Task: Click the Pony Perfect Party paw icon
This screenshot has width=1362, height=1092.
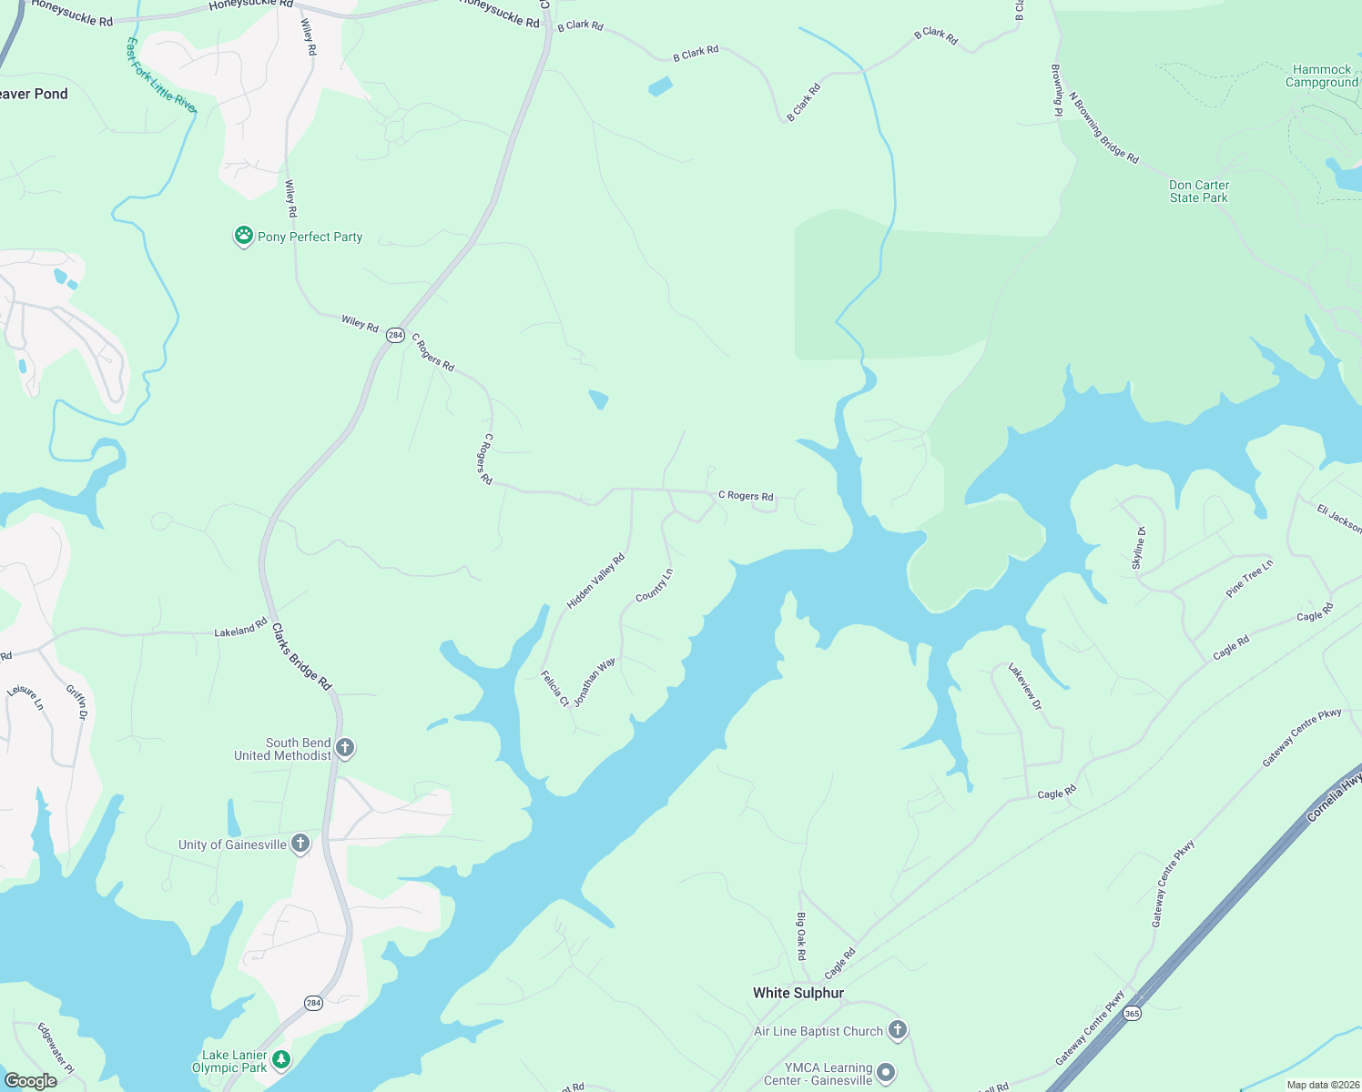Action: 243,236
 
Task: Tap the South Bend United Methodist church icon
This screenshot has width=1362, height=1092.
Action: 345,748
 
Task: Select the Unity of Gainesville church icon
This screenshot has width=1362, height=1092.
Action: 300,844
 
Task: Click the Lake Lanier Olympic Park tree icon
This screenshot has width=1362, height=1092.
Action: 282,1059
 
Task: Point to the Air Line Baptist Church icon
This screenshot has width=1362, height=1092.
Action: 898,1030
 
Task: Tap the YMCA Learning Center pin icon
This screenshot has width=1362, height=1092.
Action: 887,1073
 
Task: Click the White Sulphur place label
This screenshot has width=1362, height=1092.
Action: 798,993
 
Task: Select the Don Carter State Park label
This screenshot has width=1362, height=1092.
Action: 1199,191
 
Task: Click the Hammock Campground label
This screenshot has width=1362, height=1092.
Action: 1321,76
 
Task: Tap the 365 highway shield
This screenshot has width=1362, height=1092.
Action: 1132,1013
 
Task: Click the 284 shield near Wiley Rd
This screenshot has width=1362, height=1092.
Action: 395,335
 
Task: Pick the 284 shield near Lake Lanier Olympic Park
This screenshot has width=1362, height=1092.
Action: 313,1003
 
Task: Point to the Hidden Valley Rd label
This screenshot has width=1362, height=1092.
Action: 595,581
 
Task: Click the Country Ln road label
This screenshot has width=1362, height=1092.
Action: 654,585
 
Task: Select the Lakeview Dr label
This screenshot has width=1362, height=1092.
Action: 1024,686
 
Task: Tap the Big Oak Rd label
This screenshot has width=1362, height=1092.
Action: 801,936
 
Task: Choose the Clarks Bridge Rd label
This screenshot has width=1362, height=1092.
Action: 301,656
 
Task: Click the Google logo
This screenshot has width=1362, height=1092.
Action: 30,1080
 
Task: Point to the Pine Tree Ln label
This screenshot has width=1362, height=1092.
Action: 1249,578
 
